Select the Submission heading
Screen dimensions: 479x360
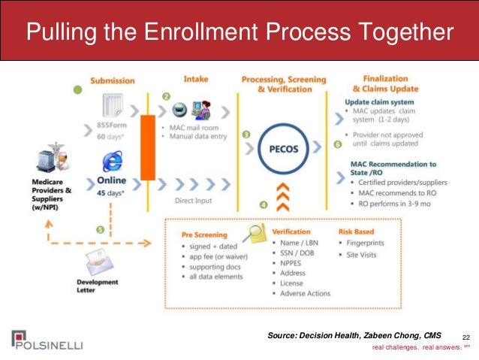112,80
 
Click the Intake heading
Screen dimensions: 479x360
195,79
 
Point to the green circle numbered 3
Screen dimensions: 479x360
246,135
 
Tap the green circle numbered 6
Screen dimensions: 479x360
336,143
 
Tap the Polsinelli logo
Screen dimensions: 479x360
47,340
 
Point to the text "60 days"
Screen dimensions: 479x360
110,138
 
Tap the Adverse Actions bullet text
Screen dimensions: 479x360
305,293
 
